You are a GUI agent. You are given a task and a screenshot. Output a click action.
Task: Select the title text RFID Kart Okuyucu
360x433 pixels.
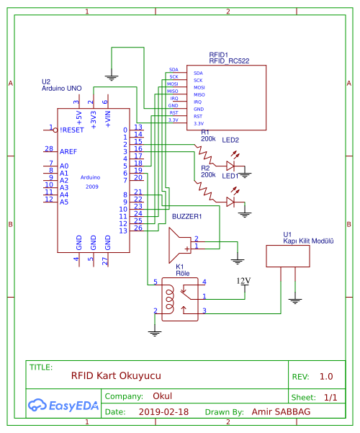click(116, 376)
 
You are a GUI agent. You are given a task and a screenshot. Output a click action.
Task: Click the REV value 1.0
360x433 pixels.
click(326, 376)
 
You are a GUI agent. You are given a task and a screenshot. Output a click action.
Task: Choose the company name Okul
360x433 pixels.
click(162, 396)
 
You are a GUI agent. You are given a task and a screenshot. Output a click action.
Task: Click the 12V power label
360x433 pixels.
click(244, 280)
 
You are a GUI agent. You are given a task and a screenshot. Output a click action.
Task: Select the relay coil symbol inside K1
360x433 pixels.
click(170, 295)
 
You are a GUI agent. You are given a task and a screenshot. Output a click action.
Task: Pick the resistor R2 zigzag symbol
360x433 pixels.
click(208, 189)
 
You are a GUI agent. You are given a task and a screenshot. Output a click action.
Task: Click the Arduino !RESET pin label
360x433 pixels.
click(73, 130)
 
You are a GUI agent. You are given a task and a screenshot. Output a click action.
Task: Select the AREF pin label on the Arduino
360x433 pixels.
click(68, 151)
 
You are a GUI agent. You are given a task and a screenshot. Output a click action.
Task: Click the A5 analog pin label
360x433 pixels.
click(64, 202)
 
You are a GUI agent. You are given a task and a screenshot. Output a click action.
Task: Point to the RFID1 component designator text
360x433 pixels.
click(219, 55)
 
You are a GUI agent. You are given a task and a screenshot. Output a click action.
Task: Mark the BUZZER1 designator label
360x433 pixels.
click(186, 215)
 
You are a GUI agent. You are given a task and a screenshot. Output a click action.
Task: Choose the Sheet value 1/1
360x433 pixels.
click(330, 397)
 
